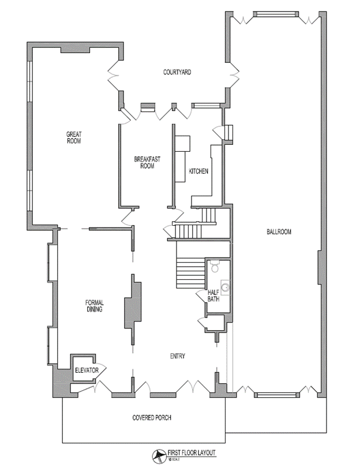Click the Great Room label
click(73, 137)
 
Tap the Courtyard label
click(177, 72)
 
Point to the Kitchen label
click(198, 171)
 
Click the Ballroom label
click(279, 232)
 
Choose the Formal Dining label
click(94, 306)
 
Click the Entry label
click(177, 356)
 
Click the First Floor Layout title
click(191, 454)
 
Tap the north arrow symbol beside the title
click(157, 456)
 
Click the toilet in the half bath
click(215, 267)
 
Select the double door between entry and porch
click(192, 386)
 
